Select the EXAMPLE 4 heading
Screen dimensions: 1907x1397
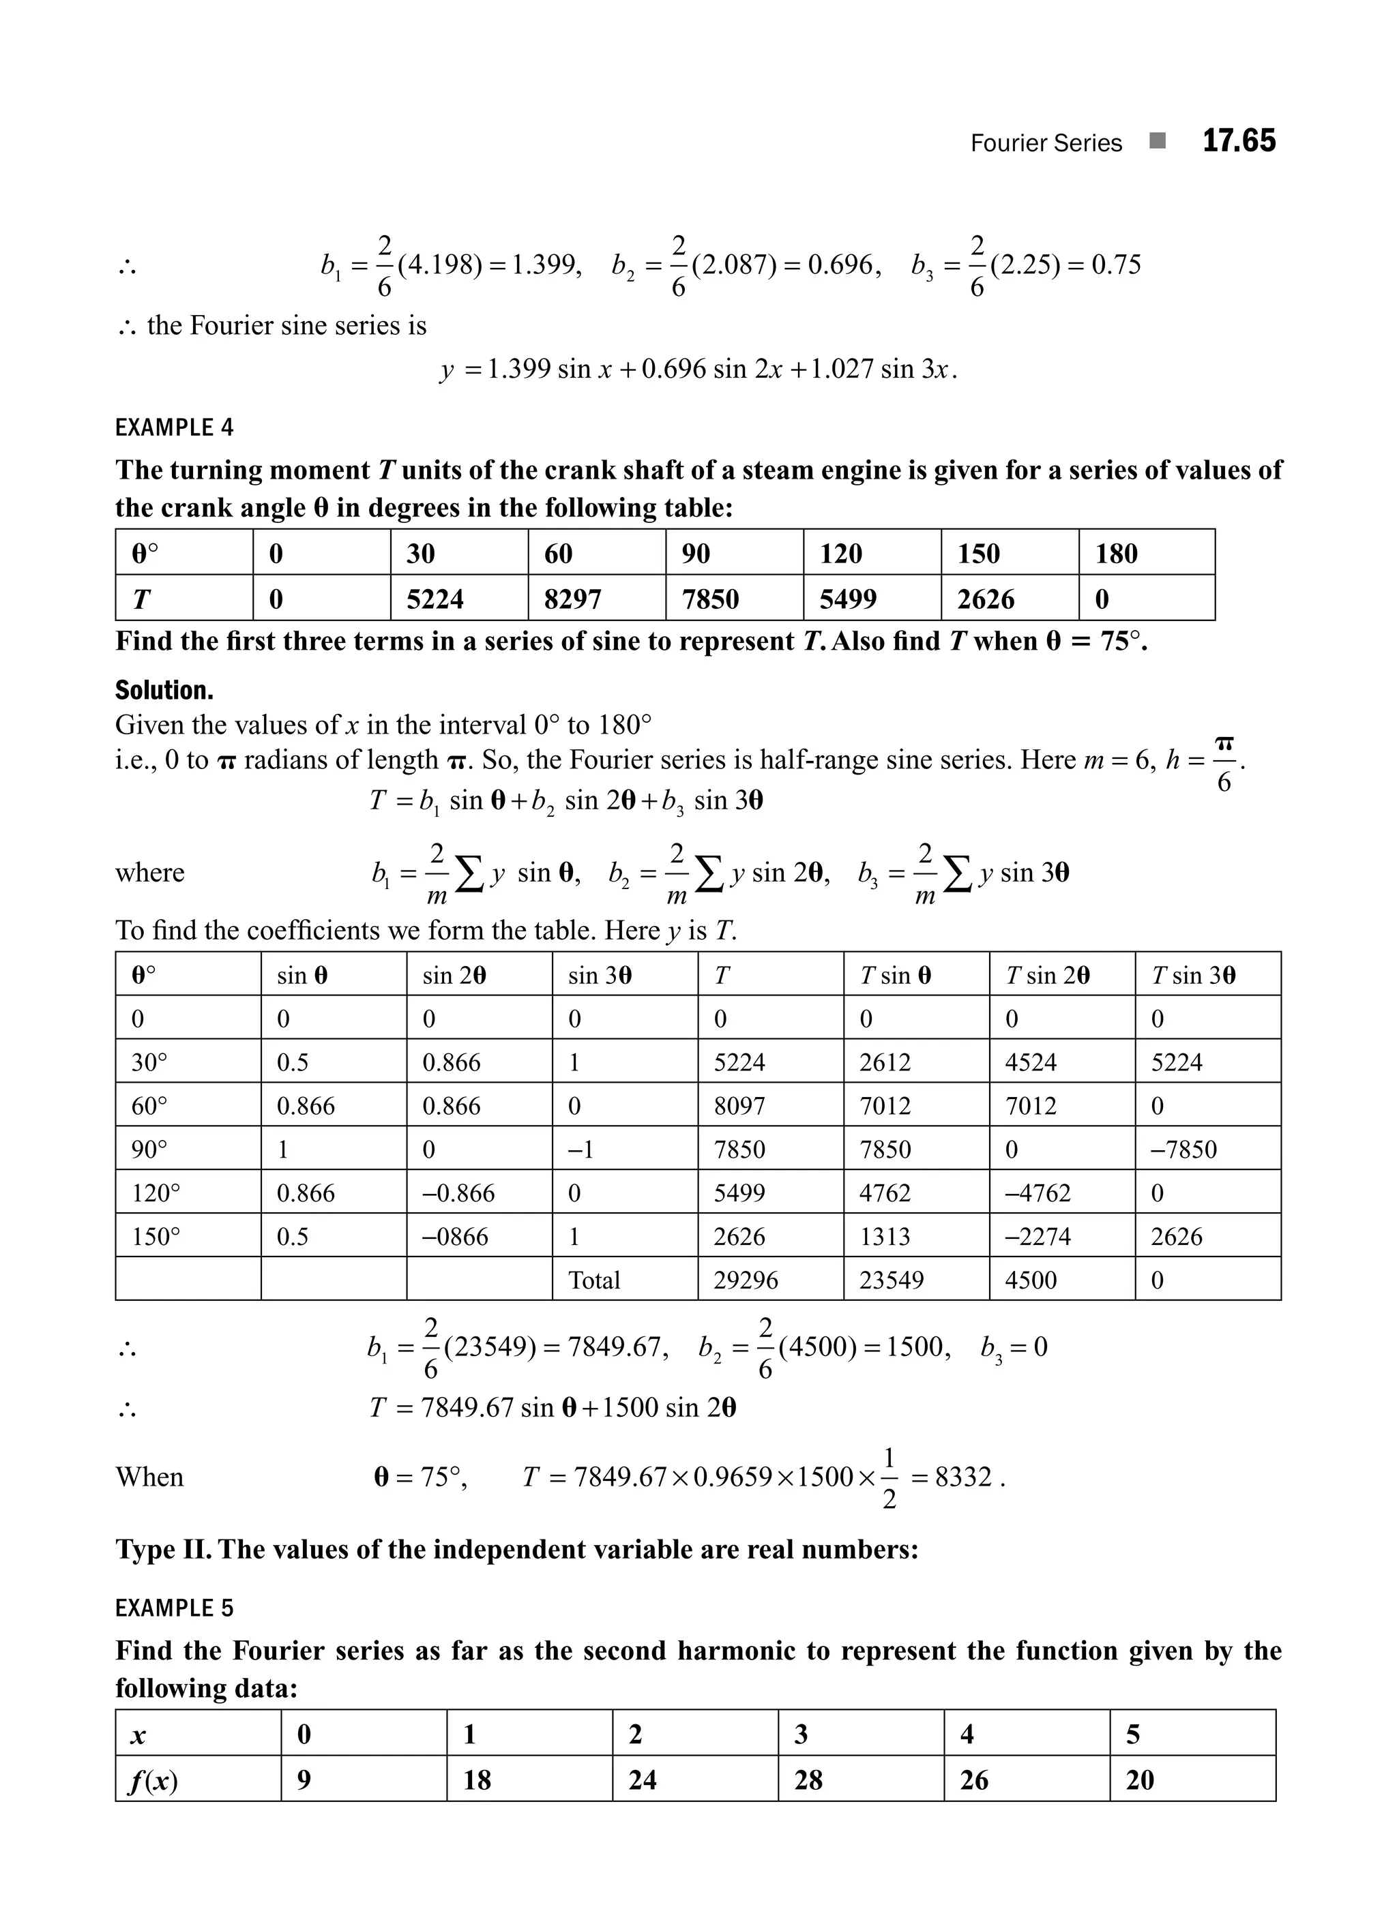(x=174, y=427)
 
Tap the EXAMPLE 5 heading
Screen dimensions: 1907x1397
(x=174, y=1608)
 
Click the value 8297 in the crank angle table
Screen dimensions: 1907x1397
(x=572, y=599)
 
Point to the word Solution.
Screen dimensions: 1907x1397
(x=164, y=691)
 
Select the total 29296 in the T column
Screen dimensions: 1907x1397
(x=745, y=1280)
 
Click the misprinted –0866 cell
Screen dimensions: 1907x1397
(x=455, y=1237)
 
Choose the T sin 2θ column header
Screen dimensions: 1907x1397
(x=1047, y=976)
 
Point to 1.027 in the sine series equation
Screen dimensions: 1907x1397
(x=842, y=370)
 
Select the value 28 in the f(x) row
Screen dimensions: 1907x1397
(x=808, y=1780)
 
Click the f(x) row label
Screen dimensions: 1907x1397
(x=153, y=1780)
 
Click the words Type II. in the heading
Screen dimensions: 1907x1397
(x=162, y=1550)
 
